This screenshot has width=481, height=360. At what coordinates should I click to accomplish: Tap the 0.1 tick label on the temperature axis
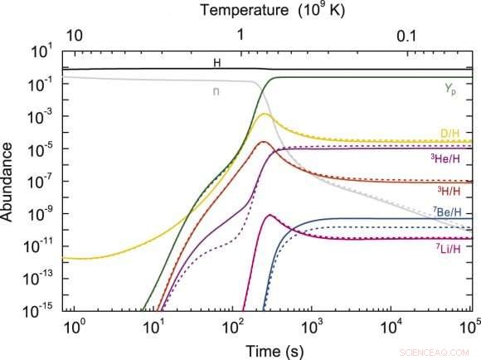pos(406,36)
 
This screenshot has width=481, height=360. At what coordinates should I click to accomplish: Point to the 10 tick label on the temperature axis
pos(74,36)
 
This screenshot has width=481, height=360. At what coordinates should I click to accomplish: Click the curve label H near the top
pos(217,62)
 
